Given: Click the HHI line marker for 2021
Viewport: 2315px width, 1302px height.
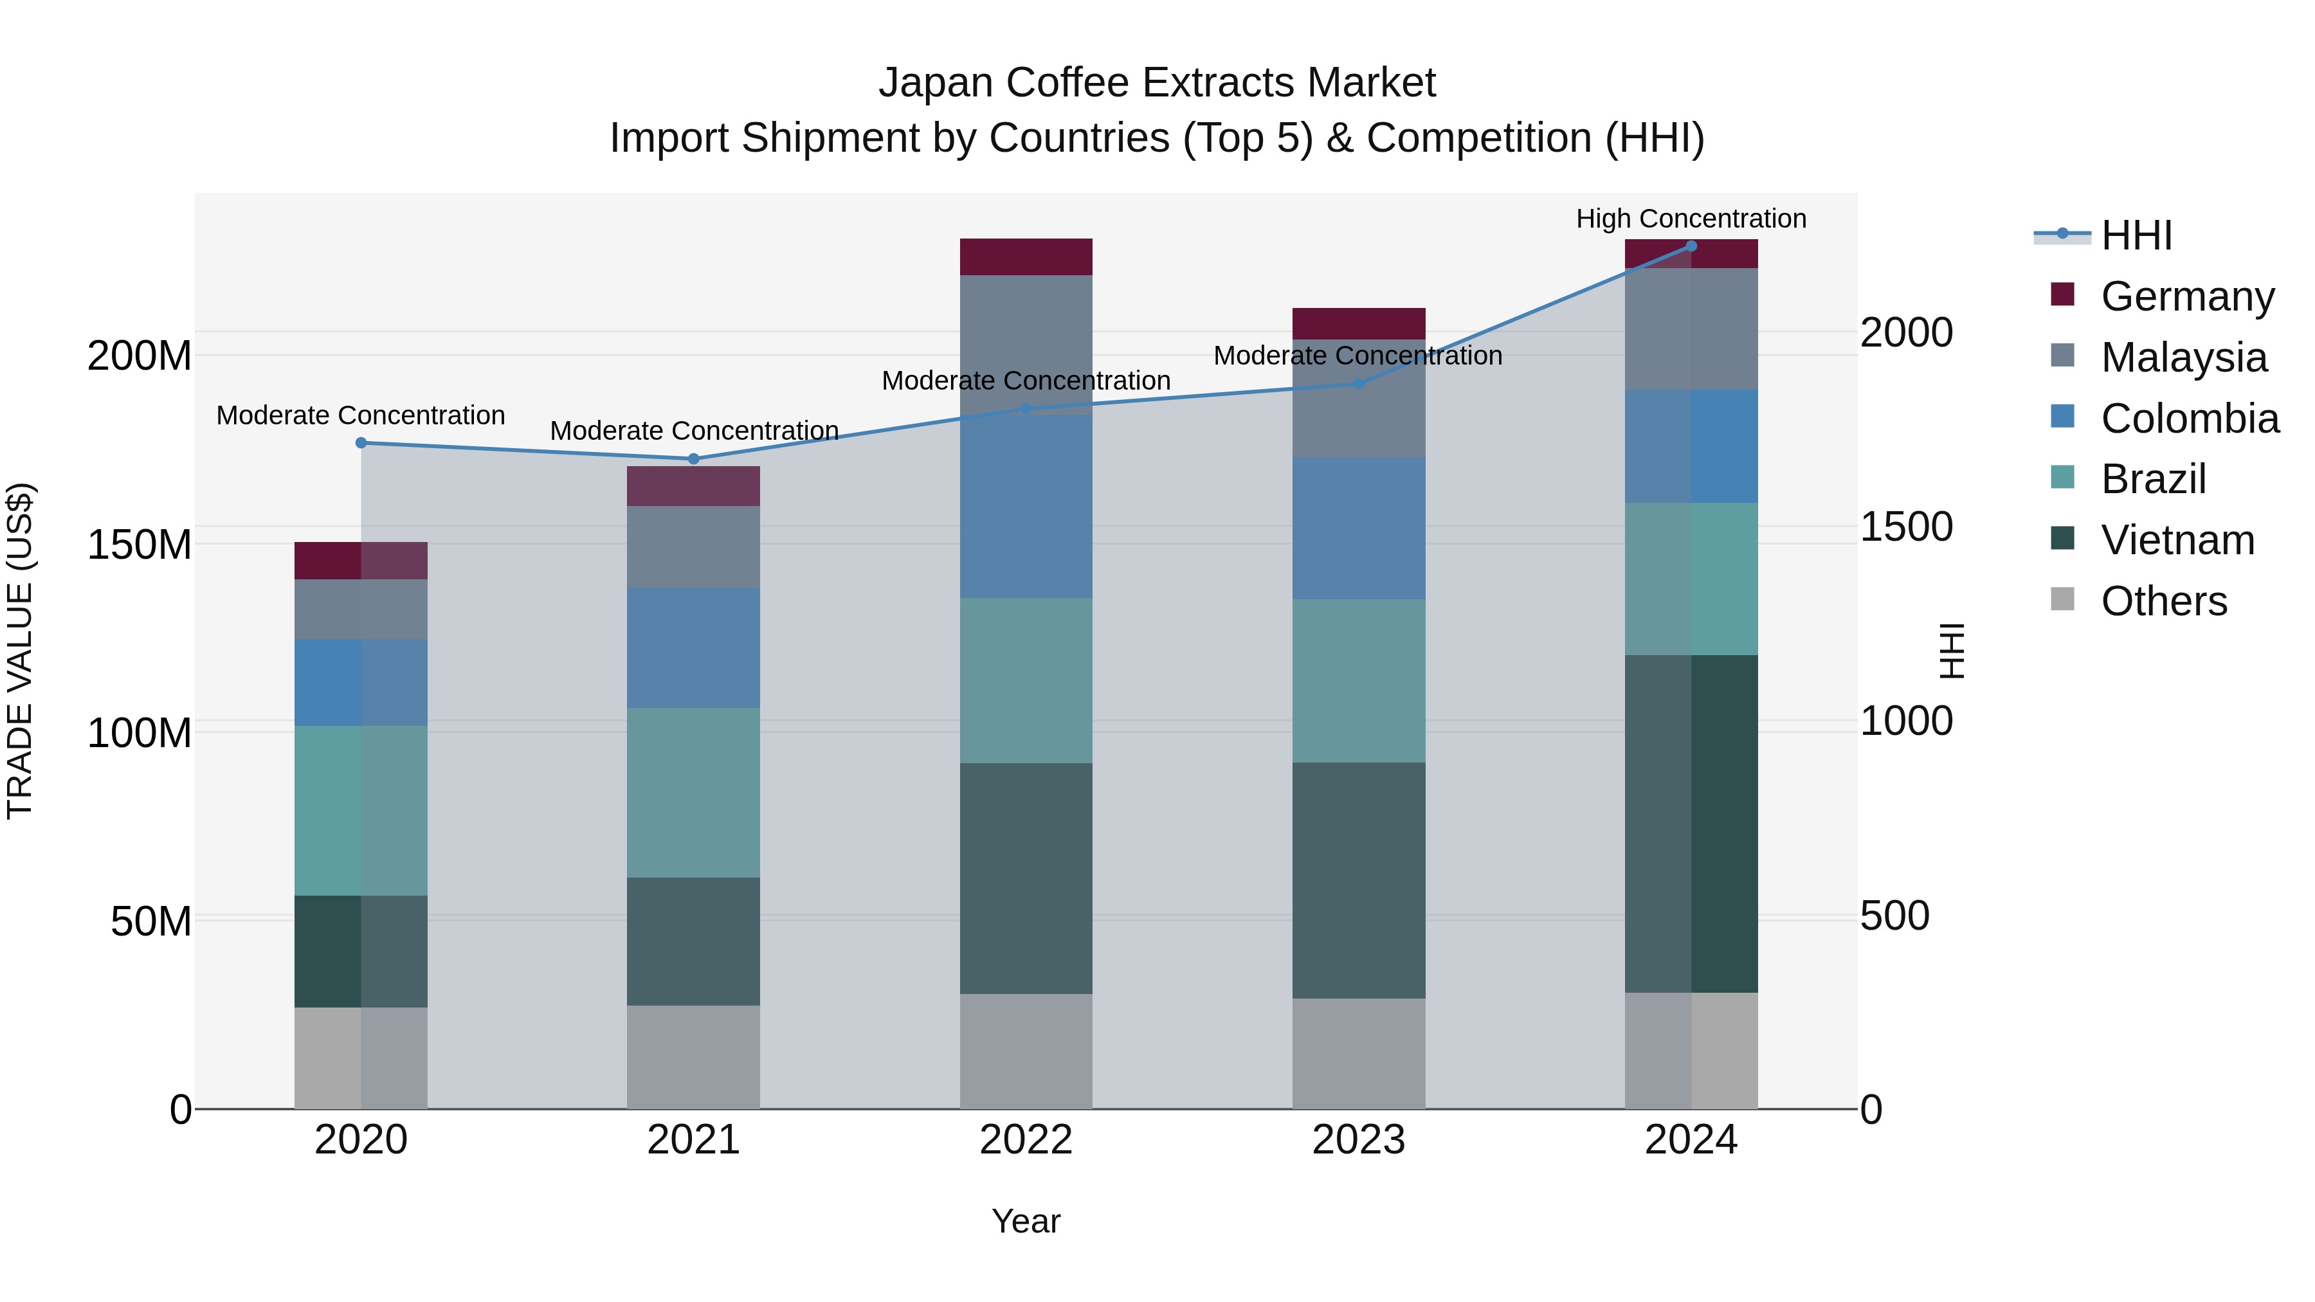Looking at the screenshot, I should pyautogui.click(x=693, y=459).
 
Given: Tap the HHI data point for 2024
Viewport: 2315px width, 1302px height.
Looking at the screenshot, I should pyautogui.click(x=1691, y=246).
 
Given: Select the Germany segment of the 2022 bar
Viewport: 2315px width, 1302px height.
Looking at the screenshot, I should pyautogui.click(x=1026, y=257).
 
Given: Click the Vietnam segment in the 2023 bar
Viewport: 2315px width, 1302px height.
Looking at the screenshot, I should pyautogui.click(x=1358, y=881).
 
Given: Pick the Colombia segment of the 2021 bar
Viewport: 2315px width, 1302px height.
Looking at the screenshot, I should pyautogui.click(x=693, y=648).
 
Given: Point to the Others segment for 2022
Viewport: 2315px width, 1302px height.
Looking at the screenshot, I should pyautogui.click(x=1026, y=1051).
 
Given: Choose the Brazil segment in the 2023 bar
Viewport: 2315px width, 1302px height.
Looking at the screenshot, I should pyautogui.click(x=1358, y=681).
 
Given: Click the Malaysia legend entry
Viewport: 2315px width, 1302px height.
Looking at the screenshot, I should pyautogui.click(x=2183, y=357).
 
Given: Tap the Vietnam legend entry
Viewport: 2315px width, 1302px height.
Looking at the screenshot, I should pyautogui.click(x=2177, y=540).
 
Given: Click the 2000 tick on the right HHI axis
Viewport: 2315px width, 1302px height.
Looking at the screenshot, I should pyautogui.click(x=1905, y=332).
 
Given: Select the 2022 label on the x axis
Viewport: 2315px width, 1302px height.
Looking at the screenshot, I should pyautogui.click(x=1026, y=1140).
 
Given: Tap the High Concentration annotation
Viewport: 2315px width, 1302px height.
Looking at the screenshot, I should pyautogui.click(x=1691, y=219).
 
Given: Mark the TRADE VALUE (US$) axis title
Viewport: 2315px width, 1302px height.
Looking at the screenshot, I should pyautogui.click(x=20, y=651).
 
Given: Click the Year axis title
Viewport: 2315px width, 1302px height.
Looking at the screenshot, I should pyautogui.click(x=1026, y=1221).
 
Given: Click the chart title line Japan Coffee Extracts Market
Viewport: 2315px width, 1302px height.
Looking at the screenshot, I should pyautogui.click(x=1157, y=83).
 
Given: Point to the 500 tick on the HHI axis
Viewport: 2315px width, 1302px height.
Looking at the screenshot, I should pyautogui.click(x=1894, y=916).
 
